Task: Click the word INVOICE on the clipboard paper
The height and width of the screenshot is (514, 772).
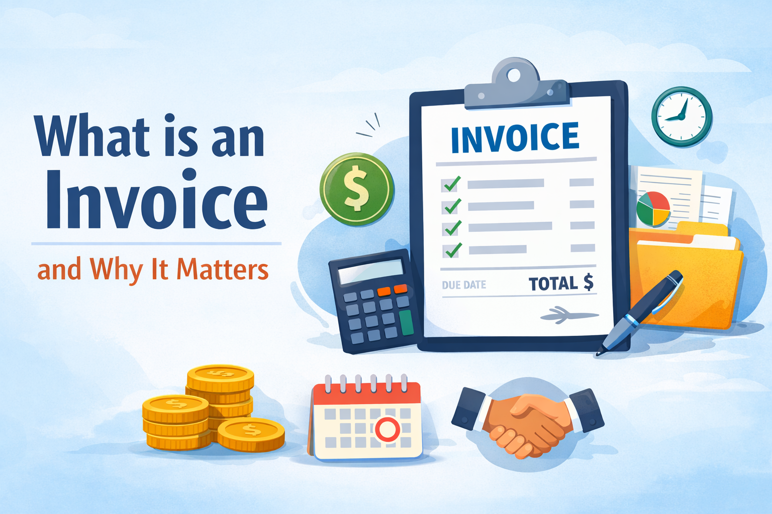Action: [515, 137]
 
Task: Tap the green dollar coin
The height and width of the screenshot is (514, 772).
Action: [357, 189]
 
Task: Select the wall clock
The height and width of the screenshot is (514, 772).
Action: [682, 116]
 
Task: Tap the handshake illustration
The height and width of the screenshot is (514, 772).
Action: [528, 420]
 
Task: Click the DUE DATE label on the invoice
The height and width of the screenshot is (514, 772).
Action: [464, 285]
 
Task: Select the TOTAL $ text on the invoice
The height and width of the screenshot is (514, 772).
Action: [561, 284]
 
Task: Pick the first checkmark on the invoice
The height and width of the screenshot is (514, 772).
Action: [451, 184]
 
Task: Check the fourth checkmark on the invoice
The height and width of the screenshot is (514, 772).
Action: [453, 249]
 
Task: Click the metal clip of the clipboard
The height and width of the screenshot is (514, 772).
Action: [515, 88]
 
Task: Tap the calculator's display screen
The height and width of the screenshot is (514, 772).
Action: [370, 272]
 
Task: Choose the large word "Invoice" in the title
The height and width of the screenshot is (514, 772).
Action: [157, 199]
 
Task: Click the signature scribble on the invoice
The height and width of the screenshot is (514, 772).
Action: [568, 315]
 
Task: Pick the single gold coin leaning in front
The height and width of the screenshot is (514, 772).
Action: [251, 434]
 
